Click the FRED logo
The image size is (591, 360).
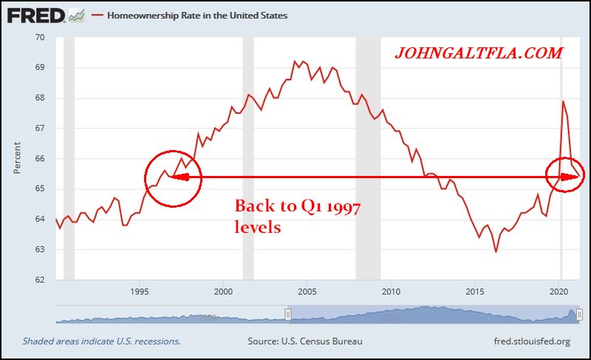coord(35,15)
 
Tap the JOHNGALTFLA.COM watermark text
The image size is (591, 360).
coord(479,53)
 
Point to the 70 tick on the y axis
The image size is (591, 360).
coord(40,38)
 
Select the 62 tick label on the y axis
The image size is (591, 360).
coord(40,280)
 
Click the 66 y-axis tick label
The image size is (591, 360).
coord(40,159)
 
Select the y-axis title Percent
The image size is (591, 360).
coord(16,159)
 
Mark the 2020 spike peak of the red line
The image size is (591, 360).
coord(563,101)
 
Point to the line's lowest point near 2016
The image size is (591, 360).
coord(496,251)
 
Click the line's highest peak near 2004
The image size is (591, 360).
coord(295,61)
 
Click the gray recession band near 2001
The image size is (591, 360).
coord(248,159)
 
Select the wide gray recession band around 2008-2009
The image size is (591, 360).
coord(368,159)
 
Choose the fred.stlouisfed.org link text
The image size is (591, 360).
coord(531,342)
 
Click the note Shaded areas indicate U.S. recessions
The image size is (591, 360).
coord(102,342)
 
